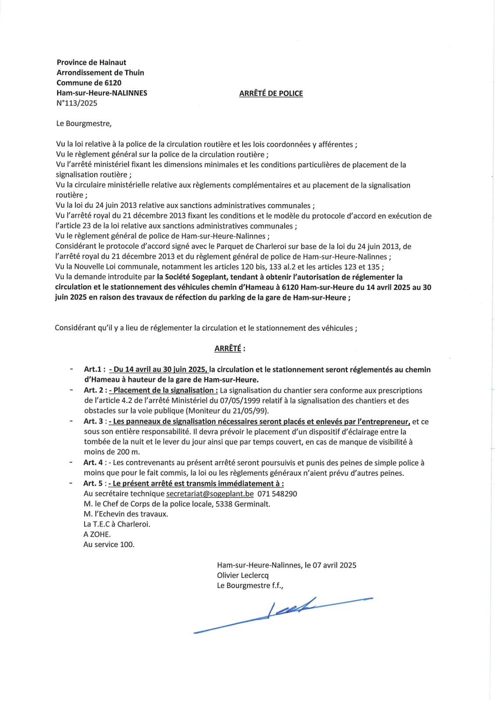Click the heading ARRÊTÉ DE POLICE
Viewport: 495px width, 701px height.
271,93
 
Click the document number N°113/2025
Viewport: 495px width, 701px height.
77,103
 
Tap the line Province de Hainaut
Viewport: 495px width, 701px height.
91,62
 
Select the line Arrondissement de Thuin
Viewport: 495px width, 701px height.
100,73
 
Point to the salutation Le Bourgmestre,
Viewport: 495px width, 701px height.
84,124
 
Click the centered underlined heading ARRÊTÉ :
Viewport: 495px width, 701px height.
230,349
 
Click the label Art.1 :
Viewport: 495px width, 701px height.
95,370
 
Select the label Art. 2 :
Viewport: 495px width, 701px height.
95,390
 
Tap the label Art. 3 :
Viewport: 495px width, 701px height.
95,421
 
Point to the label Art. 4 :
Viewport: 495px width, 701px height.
95,463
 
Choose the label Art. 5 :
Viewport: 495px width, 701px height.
95,483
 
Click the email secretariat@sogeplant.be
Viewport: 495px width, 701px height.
210,494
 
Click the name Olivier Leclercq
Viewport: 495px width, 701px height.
243,575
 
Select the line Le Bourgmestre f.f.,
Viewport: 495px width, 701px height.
250,585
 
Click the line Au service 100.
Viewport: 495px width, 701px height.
109,545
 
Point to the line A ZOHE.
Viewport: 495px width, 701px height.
97,535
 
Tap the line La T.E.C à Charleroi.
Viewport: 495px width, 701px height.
117,524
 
